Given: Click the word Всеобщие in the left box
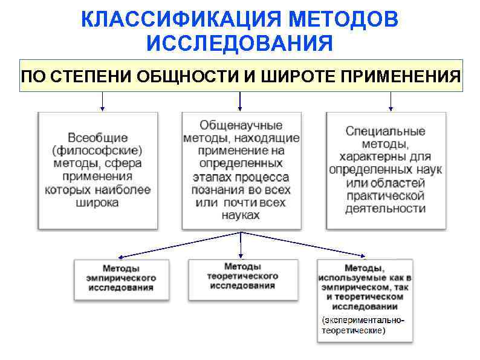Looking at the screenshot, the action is click(x=97, y=137).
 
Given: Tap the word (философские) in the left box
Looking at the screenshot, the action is click(x=97, y=150).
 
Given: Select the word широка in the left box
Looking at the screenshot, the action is click(x=97, y=203).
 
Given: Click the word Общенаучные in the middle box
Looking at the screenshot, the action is click(x=241, y=125).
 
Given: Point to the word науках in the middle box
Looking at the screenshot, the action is click(x=241, y=215).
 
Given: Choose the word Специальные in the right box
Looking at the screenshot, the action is click(x=385, y=131).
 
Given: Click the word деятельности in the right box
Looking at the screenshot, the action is click(x=385, y=209).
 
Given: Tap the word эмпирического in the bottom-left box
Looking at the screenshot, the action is click(x=121, y=278).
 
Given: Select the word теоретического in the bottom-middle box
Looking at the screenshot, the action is click(x=242, y=276).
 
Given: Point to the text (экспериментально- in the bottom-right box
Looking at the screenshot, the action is click(x=363, y=320).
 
